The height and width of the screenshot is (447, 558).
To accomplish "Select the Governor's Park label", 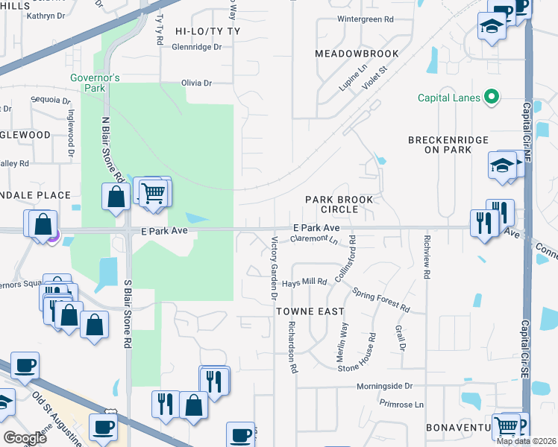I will click(x=95, y=82).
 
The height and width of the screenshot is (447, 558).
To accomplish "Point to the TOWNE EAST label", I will click(x=310, y=311).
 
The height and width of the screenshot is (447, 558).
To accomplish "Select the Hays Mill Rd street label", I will click(x=304, y=283).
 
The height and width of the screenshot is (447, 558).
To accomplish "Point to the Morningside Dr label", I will click(x=384, y=386).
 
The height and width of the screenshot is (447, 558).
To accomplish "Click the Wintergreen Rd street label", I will click(x=365, y=19).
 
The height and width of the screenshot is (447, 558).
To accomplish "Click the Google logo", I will click(x=25, y=438).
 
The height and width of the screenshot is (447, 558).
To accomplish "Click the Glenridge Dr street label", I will click(x=197, y=46).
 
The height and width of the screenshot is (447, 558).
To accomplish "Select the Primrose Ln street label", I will click(x=400, y=405).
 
